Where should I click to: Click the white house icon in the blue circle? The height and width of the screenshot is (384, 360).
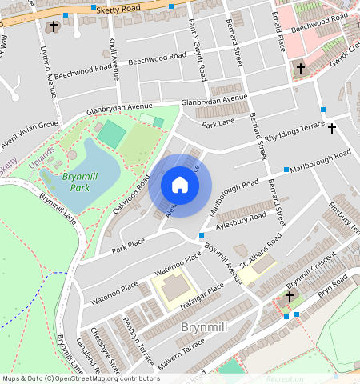(x=180, y=186)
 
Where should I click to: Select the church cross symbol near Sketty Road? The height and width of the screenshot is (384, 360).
(x=54, y=26)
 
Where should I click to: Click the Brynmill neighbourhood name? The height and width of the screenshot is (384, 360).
(x=206, y=327)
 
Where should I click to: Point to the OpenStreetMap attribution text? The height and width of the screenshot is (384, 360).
(x=80, y=378)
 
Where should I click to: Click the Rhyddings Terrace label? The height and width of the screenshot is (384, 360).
(x=295, y=131)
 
